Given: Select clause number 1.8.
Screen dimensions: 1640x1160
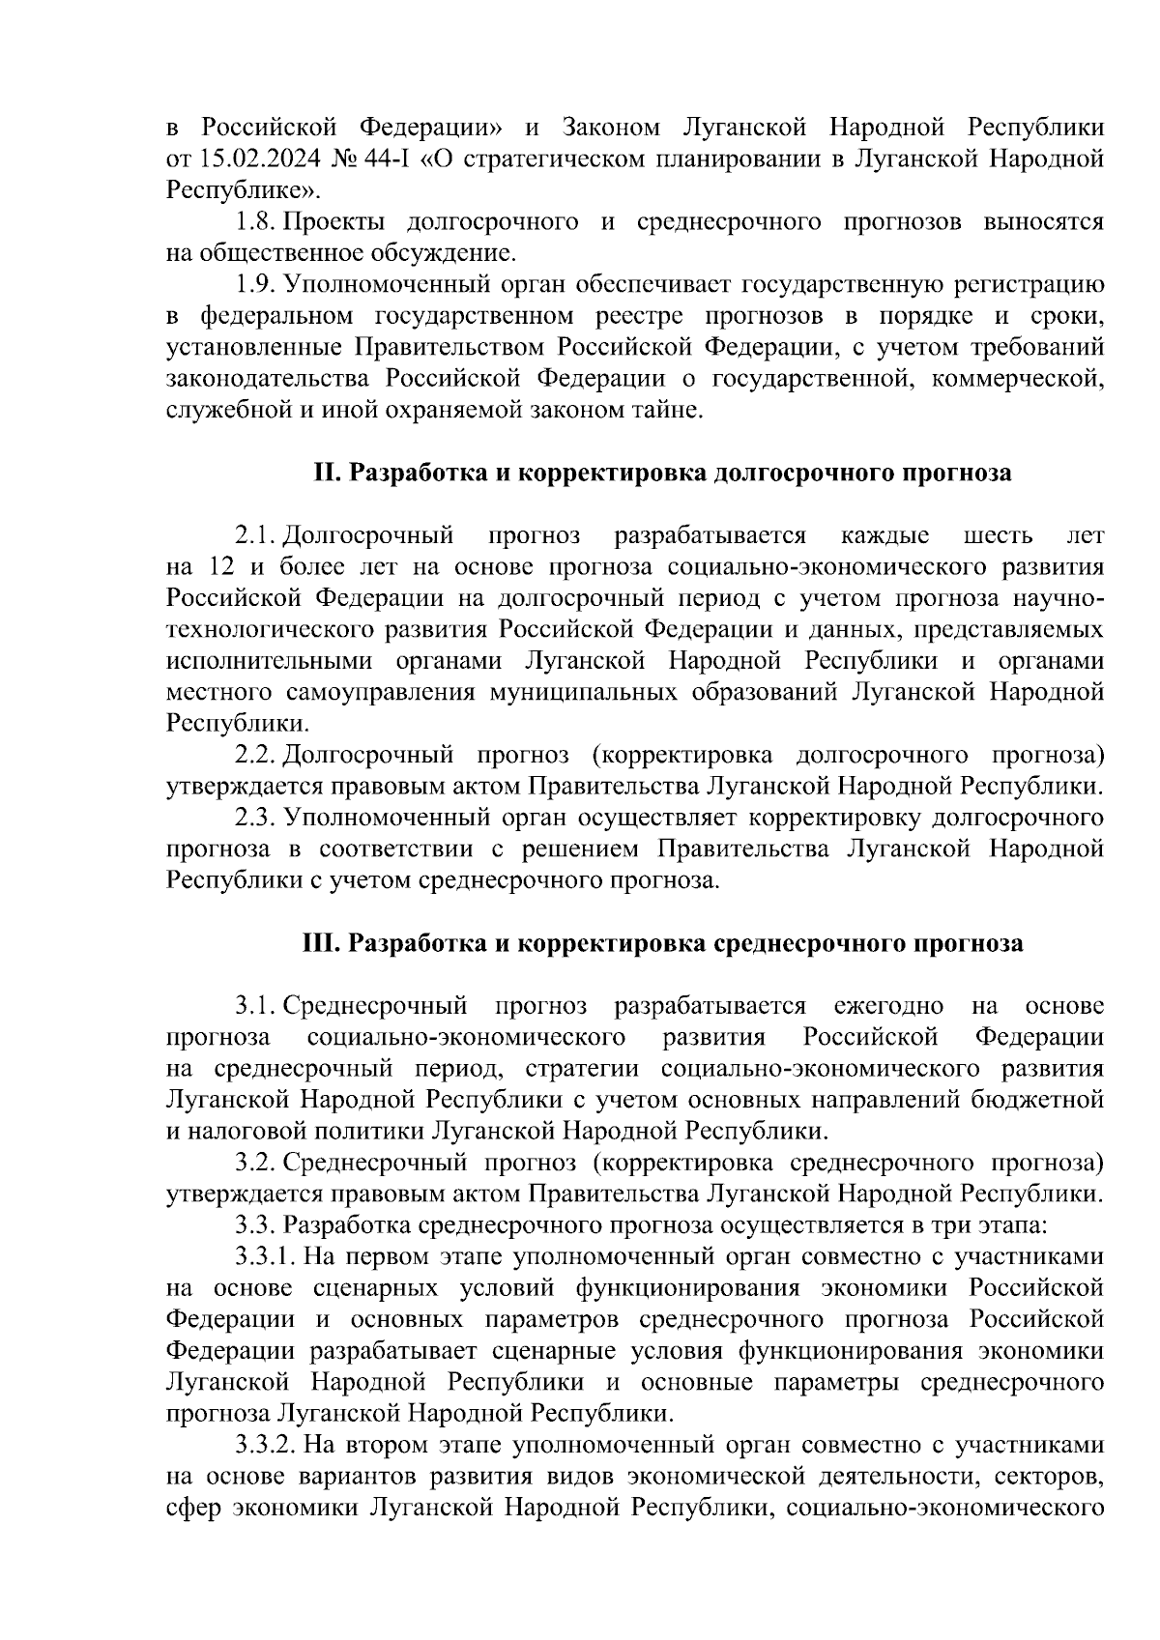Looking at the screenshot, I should click(x=256, y=222).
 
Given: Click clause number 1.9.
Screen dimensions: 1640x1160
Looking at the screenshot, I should click(x=256, y=285).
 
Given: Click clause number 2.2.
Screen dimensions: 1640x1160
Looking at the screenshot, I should click(x=256, y=754).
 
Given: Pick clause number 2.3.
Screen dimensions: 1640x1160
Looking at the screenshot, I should click(x=256, y=818).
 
